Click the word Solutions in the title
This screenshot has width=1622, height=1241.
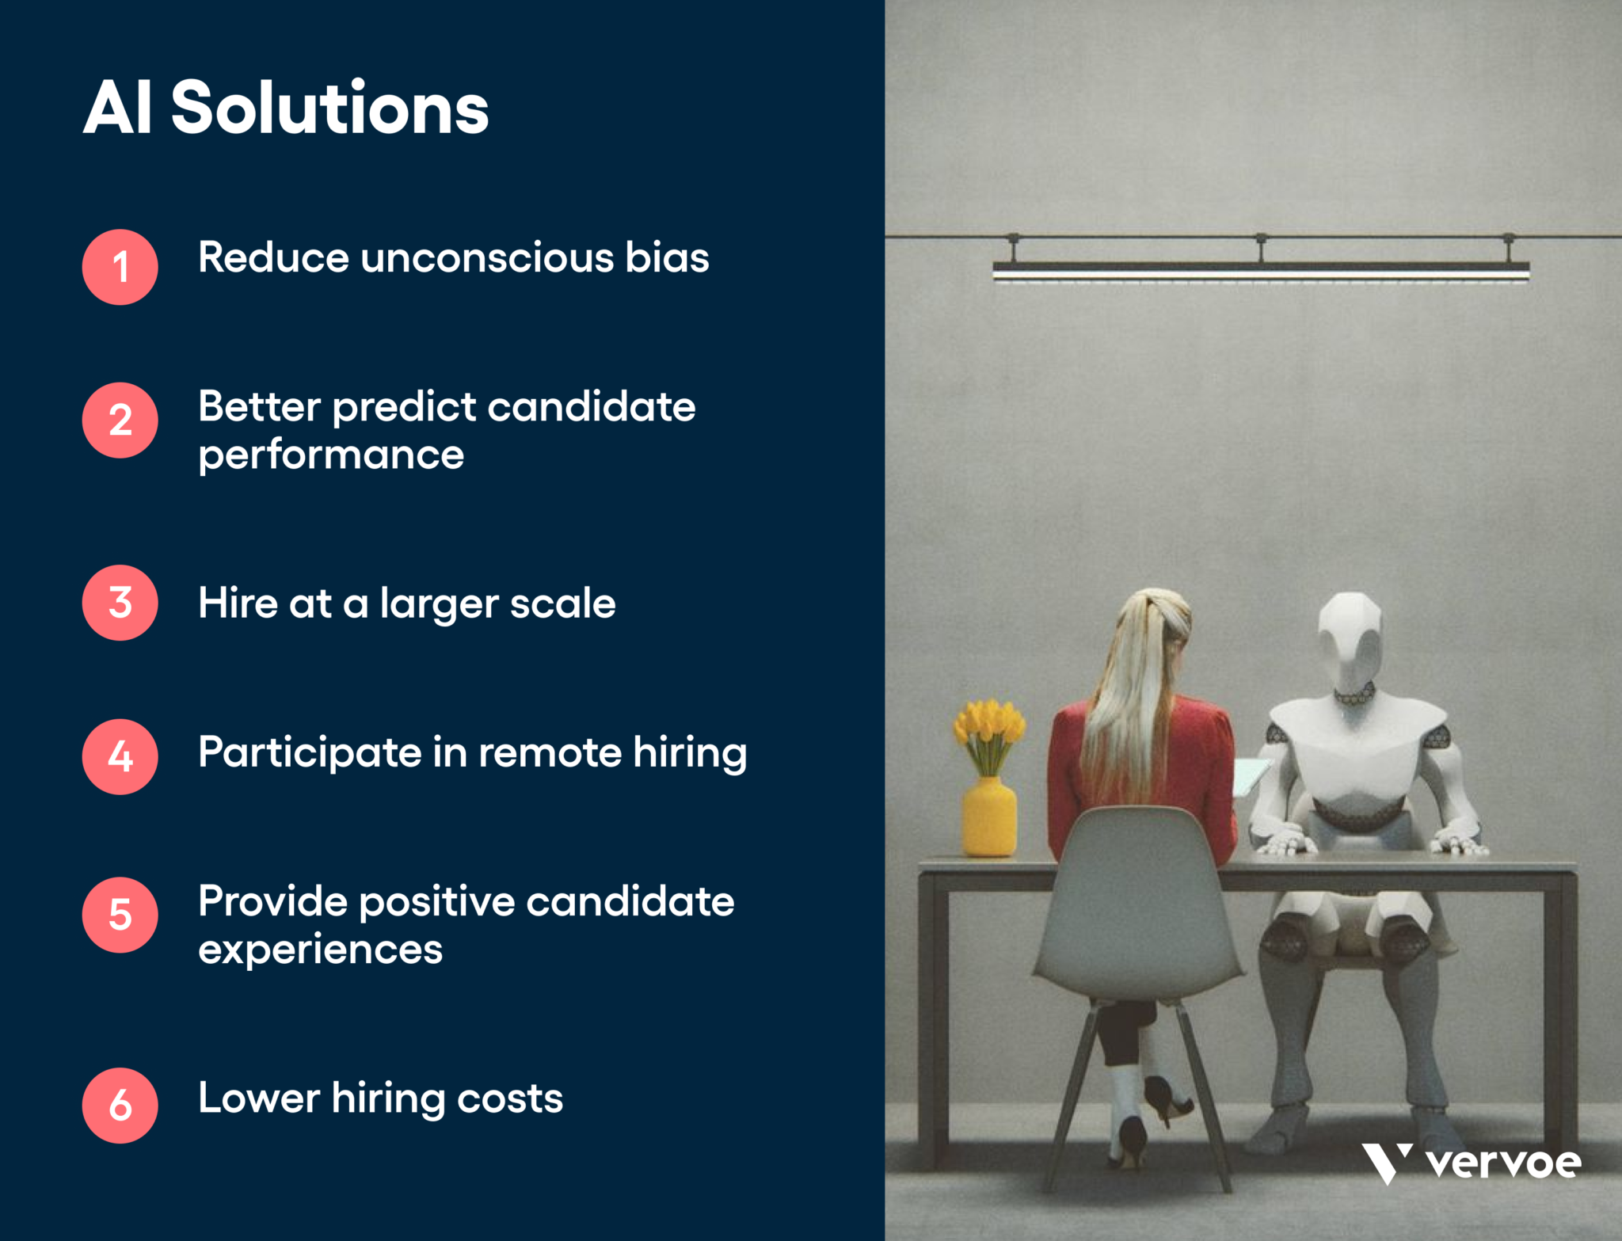(x=329, y=108)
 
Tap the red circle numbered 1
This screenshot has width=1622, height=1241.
(x=120, y=267)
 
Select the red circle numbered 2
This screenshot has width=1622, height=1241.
(x=120, y=421)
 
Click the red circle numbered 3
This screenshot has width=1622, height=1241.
(x=120, y=603)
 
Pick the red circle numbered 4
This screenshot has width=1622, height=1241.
(x=120, y=756)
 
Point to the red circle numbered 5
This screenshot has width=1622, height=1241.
(x=120, y=915)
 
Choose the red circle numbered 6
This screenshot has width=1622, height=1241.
(x=120, y=1105)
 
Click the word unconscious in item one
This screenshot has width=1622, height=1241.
(x=486, y=258)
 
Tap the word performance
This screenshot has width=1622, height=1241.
(x=330, y=455)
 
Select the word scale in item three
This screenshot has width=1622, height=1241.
(x=562, y=603)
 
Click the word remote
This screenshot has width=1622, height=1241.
(x=550, y=752)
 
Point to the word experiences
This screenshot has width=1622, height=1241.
(x=320, y=950)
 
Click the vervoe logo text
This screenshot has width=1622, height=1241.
(x=1502, y=1163)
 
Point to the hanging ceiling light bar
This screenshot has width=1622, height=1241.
(x=1260, y=272)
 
